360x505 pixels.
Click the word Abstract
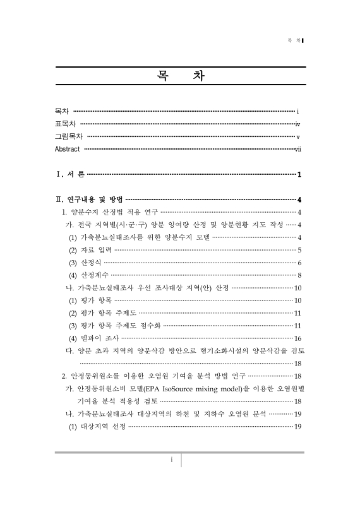(68, 149)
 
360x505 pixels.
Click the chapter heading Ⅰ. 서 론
(69, 174)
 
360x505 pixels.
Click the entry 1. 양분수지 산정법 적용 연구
(109, 211)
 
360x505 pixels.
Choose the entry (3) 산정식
(85, 262)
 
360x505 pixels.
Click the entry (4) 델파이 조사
(92, 338)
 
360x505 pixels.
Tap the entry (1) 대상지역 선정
(97, 426)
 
